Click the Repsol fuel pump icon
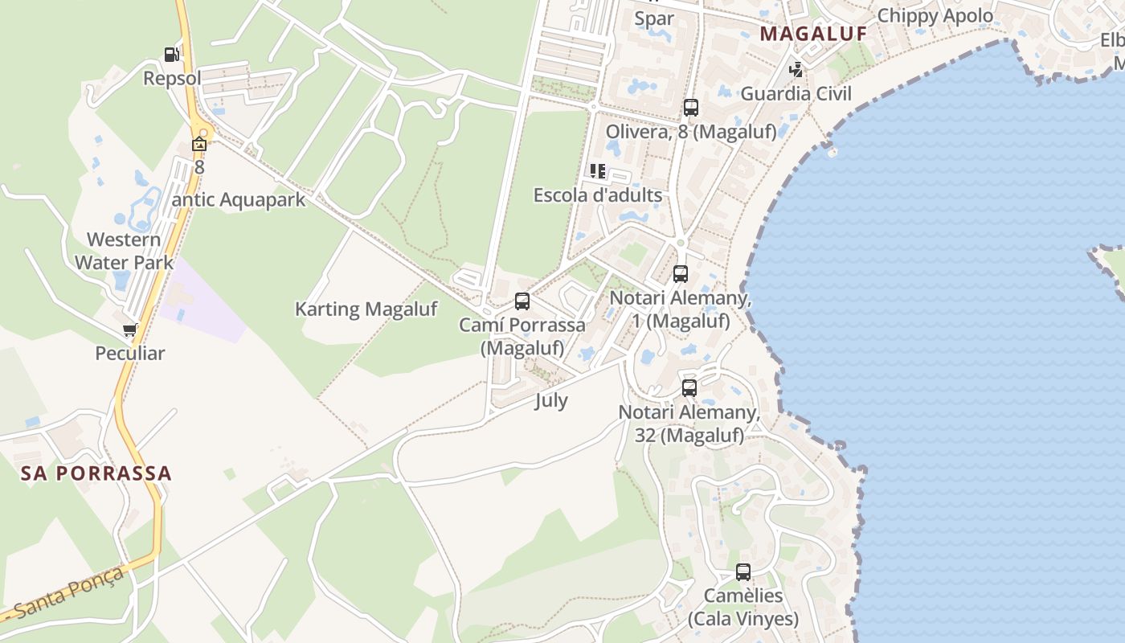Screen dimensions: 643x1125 click(x=171, y=55)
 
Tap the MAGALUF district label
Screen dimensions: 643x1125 click(x=813, y=34)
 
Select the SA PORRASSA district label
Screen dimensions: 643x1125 click(x=96, y=473)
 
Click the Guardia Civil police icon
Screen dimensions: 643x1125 click(x=796, y=70)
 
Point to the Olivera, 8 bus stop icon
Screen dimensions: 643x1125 click(x=690, y=108)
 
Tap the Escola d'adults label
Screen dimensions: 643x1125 click(x=598, y=195)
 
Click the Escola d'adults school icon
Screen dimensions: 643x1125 click(x=598, y=171)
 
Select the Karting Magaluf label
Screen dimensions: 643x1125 click(x=366, y=309)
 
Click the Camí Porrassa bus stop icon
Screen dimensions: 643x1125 click(x=522, y=301)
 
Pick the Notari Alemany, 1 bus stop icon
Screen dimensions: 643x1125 click(x=681, y=274)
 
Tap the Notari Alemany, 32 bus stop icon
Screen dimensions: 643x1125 click(x=689, y=388)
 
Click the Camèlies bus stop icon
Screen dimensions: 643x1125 click(x=743, y=572)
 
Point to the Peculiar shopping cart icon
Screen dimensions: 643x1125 click(x=129, y=330)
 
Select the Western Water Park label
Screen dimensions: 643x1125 click(x=124, y=251)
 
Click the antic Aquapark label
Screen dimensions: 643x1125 click(x=239, y=199)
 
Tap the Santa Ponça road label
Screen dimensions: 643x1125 click(x=70, y=592)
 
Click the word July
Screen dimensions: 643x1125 click(x=551, y=400)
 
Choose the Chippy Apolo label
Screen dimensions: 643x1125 click(x=935, y=15)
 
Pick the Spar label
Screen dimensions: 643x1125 click(x=654, y=18)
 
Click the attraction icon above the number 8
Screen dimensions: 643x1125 click(x=198, y=145)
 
